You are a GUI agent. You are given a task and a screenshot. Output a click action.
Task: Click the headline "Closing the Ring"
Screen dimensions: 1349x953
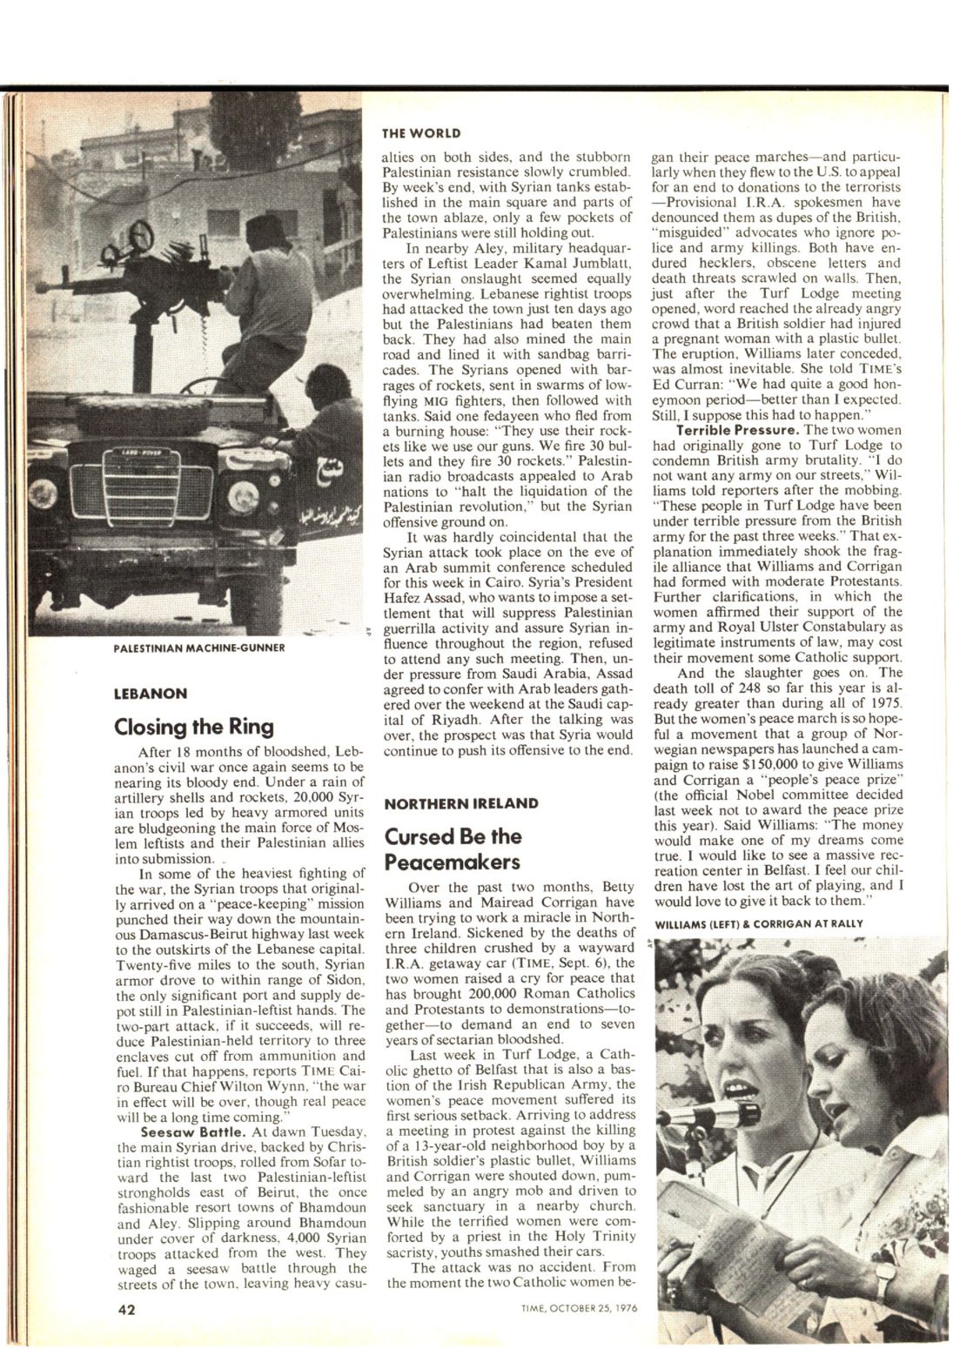click(194, 726)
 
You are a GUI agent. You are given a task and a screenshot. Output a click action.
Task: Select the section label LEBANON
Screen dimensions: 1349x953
click(151, 694)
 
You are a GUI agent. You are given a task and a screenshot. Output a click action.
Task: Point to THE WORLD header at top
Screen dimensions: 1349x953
click(421, 133)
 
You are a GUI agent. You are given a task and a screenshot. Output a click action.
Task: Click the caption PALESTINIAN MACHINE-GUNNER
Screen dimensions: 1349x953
click(198, 648)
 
